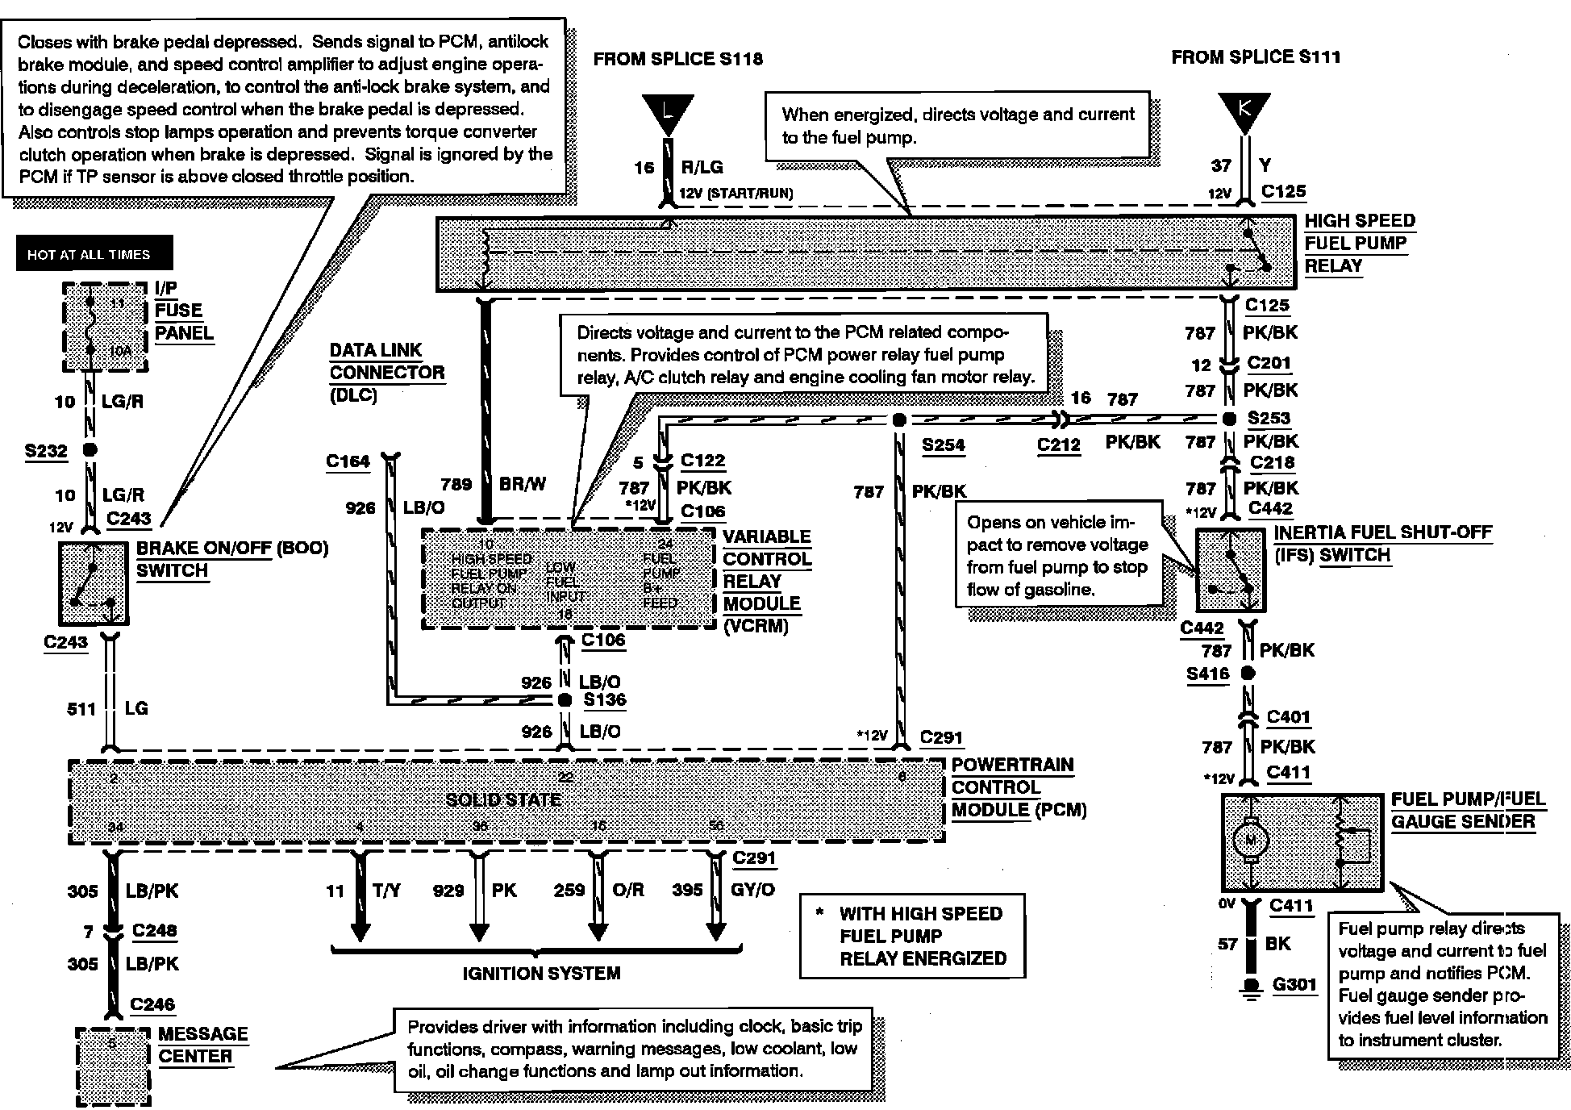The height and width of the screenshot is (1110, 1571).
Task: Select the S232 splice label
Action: click(46, 450)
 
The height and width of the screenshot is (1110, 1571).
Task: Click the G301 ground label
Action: click(1294, 984)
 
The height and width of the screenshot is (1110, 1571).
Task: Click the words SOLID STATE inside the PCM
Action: click(503, 799)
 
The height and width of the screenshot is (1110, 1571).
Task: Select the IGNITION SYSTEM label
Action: click(541, 973)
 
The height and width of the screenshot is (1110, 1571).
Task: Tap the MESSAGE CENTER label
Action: click(202, 1045)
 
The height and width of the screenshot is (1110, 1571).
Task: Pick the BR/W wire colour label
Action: click(523, 484)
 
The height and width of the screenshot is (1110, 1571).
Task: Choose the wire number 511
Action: click(81, 708)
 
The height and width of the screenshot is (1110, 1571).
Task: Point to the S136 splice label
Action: click(605, 699)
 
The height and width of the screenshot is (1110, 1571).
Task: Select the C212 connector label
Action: click(1058, 444)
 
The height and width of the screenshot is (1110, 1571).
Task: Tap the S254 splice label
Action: click(943, 444)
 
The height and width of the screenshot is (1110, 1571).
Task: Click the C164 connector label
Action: click(348, 461)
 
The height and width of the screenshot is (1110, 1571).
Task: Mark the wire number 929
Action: click(448, 890)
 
